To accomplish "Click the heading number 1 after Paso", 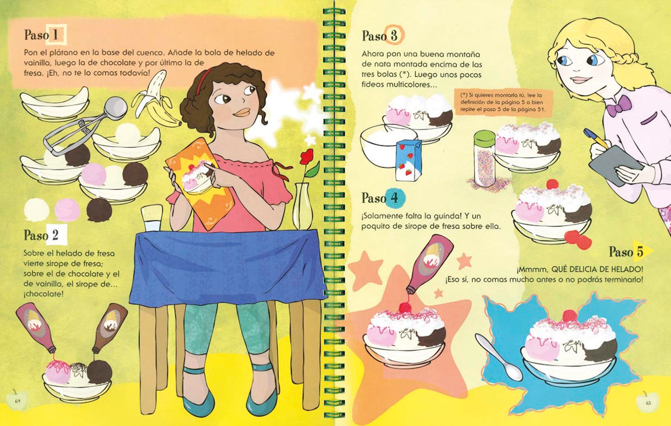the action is coord(55,34).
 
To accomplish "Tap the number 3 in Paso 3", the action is coord(394,36).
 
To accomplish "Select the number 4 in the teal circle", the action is coord(394,198).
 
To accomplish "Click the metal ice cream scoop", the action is coord(86,126).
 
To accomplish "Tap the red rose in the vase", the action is coord(307,158).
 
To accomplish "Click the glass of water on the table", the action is coord(152,218).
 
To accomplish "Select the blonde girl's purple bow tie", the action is coord(619,106).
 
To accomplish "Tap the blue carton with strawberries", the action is coord(408,160).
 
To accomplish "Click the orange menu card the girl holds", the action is coord(200,183).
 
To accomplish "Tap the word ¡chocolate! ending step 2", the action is coord(44,294).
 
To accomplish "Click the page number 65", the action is coord(648,403).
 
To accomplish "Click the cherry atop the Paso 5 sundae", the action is coord(569,316).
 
